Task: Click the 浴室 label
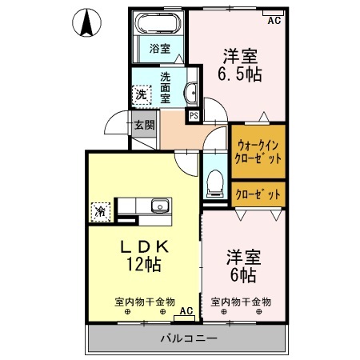(159, 49)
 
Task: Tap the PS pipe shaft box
(194, 116)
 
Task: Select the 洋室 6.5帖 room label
(239, 65)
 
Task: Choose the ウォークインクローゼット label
(258, 152)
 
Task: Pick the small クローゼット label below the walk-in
(258, 194)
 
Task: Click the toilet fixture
(214, 182)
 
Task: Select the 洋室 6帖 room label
(240, 266)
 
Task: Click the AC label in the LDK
(186, 310)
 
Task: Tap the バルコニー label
(188, 338)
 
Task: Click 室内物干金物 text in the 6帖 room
(241, 302)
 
